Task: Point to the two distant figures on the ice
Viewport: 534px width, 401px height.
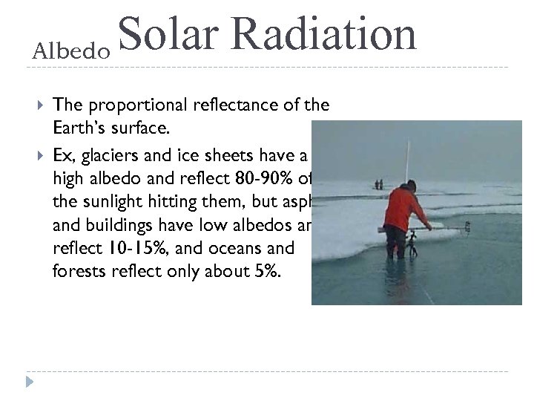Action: pyautogui.click(x=379, y=183)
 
